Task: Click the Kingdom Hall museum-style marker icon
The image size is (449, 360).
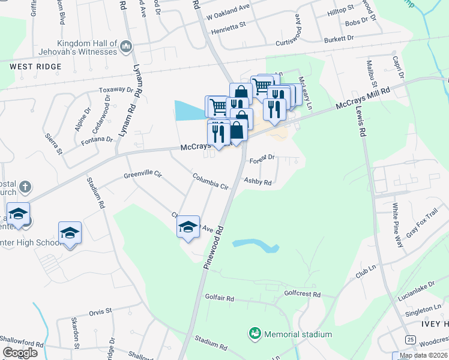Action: coord(126,46)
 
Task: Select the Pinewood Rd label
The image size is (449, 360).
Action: coord(214,248)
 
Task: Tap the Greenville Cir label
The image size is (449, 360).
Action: coord(143,174)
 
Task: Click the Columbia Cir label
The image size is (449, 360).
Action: coord(211,182)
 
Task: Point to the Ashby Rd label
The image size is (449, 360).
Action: coord(258,182)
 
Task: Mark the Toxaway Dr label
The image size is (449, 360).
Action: coord(116,90)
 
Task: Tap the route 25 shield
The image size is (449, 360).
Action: coord(410,340)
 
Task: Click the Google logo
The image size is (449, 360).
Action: coord(20,352)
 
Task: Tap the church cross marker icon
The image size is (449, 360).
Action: coord(25,187)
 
